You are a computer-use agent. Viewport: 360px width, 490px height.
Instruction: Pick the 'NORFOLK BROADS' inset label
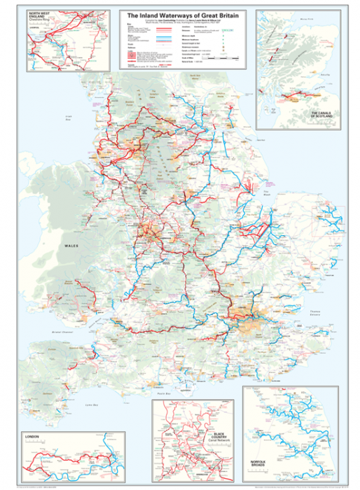262,462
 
